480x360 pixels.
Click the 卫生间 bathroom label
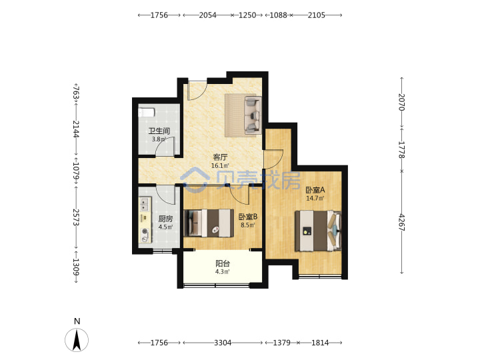pyautogui.click(x=159, y=131)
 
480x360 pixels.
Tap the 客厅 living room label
pyautogui.click(x=220, y=157)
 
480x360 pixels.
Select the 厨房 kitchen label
pyautogui.click(x=165, y=219)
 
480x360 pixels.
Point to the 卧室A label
pyautogui.click(x=315, y=190)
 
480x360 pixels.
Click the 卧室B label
pyautogui.click(x=248, y=217)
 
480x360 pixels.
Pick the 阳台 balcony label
pyautogui.click(x=223, y=263)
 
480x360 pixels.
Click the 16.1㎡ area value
pyautogui.click(x=220, y=166)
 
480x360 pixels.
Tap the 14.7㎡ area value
pyautogui.click(x=315, y=199)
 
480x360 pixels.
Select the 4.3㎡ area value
pyautogui.click(x=223, y=272)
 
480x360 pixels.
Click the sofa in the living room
pyautogui.click(x=253, y=115)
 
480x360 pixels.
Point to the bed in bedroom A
pyautogui.click(x=318, y=231)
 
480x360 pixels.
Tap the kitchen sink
pyautogui.click(x=145, y=204)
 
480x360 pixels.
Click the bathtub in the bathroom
pyautogui.click(x=146, y=112)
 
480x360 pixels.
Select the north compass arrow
pyautogui.click(x=77, y=340)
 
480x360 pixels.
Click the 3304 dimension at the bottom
pyautogui.click(x=223, y=343)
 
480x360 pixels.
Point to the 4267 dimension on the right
pyautogui.click(x=401, y=223)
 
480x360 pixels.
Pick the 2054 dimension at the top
pyautogui.click(x=207, y=15)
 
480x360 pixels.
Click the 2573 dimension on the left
pyautogui.click(x=76, y=217)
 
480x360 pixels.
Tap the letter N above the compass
pyautogui.click(x=77, y=321)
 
